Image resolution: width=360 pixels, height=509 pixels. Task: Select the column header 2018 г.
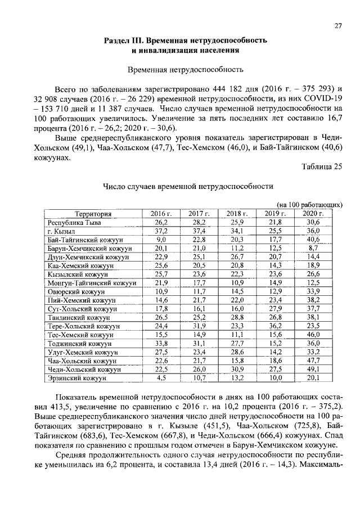237,214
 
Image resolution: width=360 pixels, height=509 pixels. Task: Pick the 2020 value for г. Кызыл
313,231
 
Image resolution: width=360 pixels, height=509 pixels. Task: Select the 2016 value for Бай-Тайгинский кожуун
161,240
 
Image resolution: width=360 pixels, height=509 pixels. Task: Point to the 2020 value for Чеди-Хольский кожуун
313,370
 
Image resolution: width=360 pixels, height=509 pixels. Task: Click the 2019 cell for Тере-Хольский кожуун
275,326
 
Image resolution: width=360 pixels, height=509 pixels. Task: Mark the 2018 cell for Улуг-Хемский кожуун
237,352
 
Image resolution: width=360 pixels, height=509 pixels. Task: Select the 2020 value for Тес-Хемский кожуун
313,335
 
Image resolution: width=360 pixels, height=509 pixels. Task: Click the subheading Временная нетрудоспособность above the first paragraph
186,70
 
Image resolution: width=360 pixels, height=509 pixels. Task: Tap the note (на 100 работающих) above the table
310,205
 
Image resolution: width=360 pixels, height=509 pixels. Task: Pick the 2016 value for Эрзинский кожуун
161,379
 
